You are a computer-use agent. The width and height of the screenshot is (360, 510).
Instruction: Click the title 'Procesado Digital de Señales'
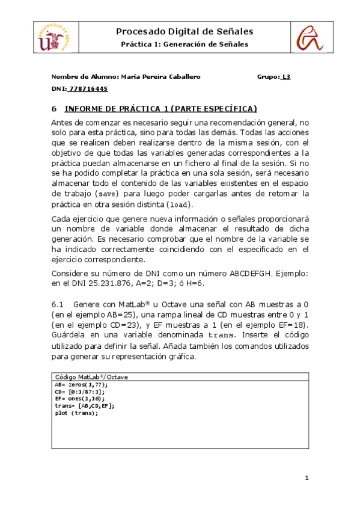pos(184,31)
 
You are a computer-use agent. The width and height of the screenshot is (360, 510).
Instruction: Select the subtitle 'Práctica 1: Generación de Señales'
pos(184,45)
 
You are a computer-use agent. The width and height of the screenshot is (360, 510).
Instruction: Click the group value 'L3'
pos(287,77)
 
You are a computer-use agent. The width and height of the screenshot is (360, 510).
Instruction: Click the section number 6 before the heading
pos(54,109)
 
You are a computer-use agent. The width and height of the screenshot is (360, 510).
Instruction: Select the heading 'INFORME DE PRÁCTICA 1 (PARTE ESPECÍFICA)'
pos(160,109)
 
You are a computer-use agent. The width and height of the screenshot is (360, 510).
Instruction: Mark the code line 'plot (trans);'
pos(75,413)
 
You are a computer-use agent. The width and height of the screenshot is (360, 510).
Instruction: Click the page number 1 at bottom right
pos(307,478)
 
